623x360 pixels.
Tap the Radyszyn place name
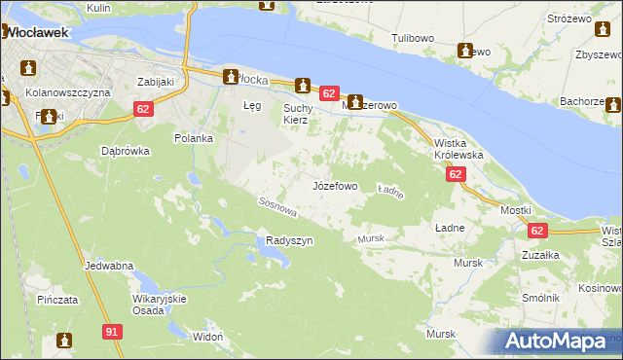click(289, 241)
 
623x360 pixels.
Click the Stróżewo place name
click(570, 18)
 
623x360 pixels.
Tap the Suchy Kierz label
click(295, 113)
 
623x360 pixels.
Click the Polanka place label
click(193, 138)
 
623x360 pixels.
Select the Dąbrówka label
click(125, 151)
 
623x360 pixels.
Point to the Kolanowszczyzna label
click(69, 91)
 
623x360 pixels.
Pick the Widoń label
click(208, 336)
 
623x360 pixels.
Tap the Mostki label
click(515, 210)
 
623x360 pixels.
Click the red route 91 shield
click(113, 333)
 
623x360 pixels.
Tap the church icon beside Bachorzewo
click(614, 104)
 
